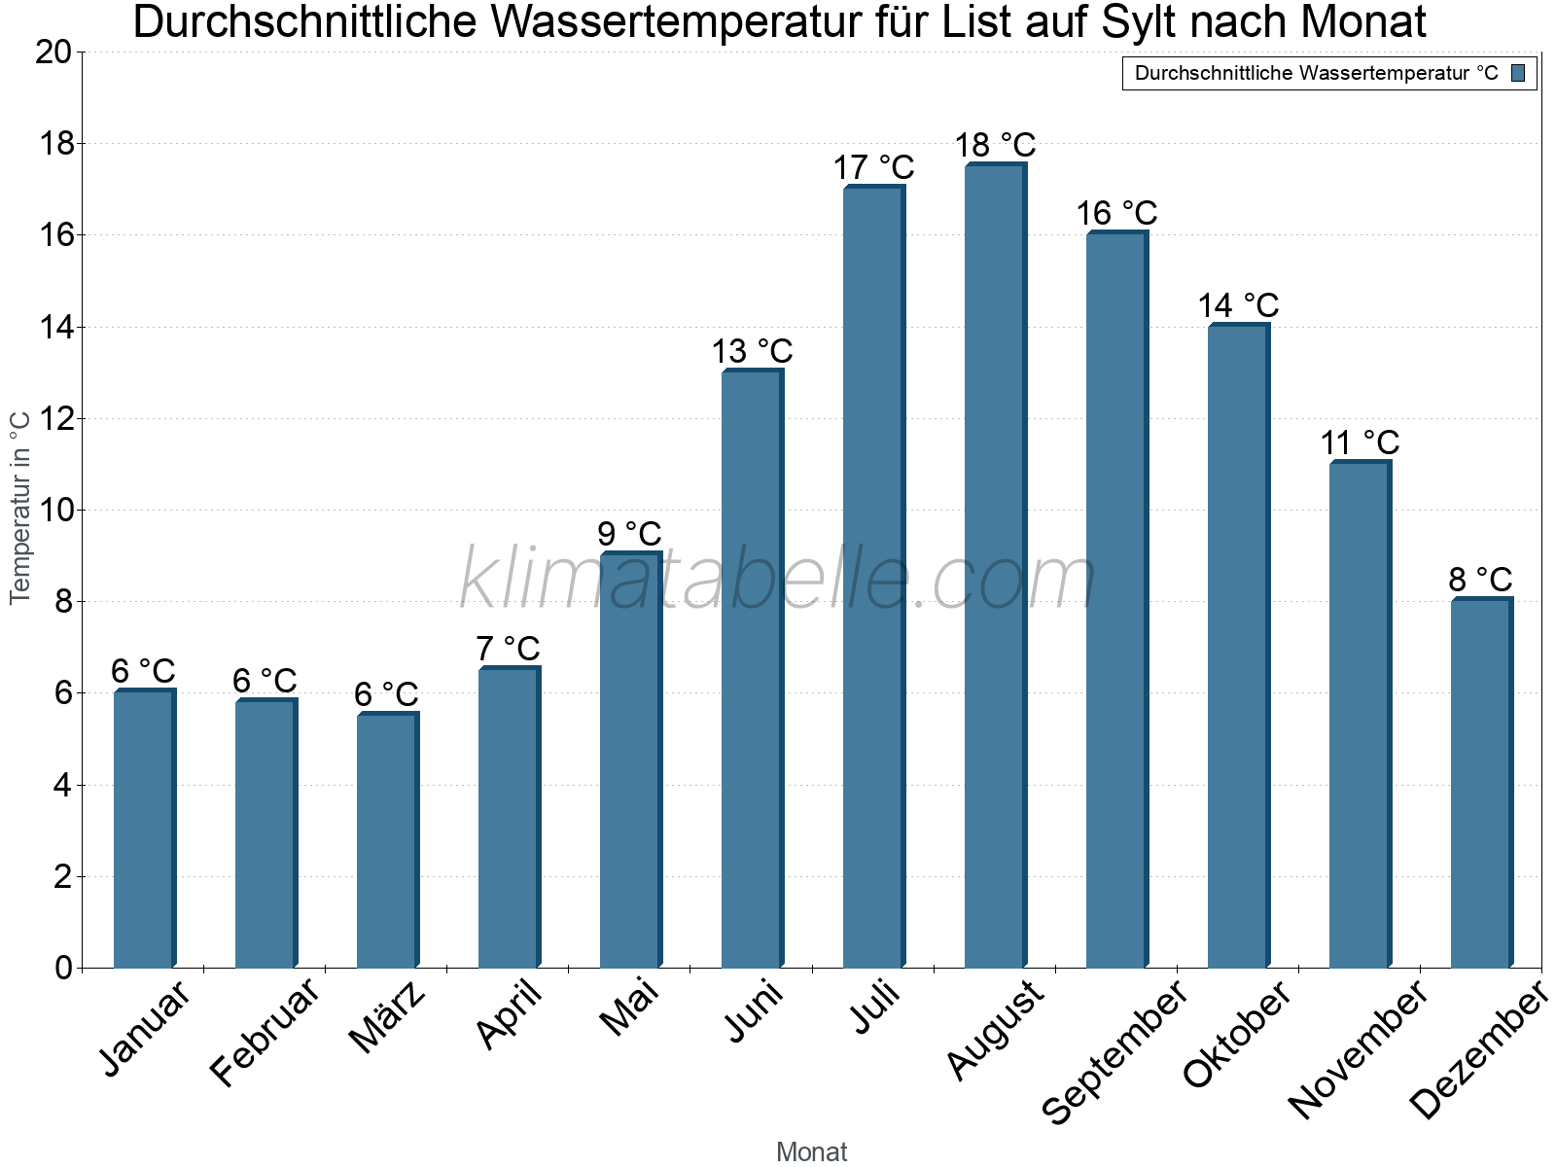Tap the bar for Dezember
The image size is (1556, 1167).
[1481, 783]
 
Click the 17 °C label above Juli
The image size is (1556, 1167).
[873, 167]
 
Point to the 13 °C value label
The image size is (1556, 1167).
[752, 351]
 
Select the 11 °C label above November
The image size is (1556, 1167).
[1360, 442]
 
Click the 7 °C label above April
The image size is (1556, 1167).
[508, 648]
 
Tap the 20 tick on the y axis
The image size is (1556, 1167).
[53, 53]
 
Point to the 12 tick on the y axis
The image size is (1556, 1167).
[53, 419]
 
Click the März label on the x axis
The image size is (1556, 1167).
[387, 1017]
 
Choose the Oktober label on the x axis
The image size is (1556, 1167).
[1236, 1035]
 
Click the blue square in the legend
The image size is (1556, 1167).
[1518, 73]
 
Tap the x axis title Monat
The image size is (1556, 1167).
[811, 1151]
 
